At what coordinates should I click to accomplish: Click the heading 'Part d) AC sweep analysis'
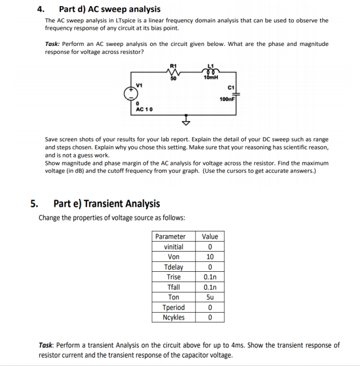point(109,9)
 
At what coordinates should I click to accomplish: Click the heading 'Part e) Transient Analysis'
point(106,203)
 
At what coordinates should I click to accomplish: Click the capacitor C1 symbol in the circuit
point(235,92)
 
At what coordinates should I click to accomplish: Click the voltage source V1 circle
point(131,93)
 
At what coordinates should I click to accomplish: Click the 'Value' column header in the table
point(210,237)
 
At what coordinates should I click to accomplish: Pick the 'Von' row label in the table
point(174,257)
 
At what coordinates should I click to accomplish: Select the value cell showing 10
point(210,257)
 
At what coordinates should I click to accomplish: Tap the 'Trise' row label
point(174,277)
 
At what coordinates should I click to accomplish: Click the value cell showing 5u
point(210,297)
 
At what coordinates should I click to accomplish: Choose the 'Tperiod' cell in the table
point(174,307)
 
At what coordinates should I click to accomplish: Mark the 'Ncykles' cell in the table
point(174,317)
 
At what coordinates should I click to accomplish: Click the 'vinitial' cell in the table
point(174,247)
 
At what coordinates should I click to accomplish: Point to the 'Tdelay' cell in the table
point(174,267)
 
